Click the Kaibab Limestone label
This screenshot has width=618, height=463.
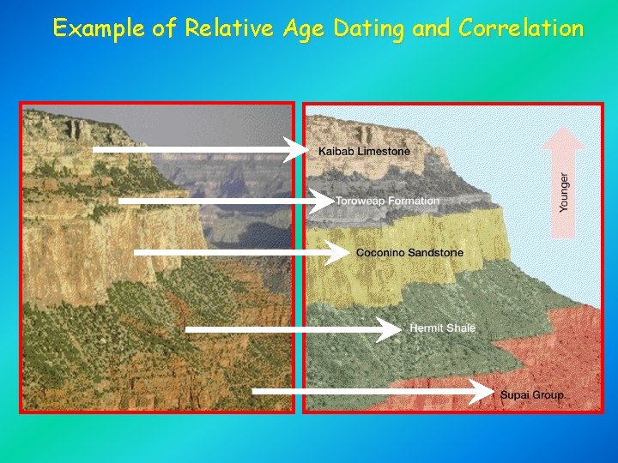click(x=364, y=152)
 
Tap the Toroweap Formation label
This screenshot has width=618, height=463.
click(x=387, y=201)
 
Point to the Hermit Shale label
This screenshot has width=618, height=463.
click(x=442, y=328)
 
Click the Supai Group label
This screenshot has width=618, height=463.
click(x=532, y=395)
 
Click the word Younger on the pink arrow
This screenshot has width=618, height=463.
click(x=564, y=192)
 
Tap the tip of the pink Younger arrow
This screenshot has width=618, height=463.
click(x=563, y=129)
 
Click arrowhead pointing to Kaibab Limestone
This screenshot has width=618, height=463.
click(x=297, y=149)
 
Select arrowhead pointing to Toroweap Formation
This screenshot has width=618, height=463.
click(x=324, y=201)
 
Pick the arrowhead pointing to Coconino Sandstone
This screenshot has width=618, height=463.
click(x=342, y=253)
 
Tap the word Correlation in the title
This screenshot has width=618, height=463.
click(x=521, y=28)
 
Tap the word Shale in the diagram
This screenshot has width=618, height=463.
click(x=459, y=328)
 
